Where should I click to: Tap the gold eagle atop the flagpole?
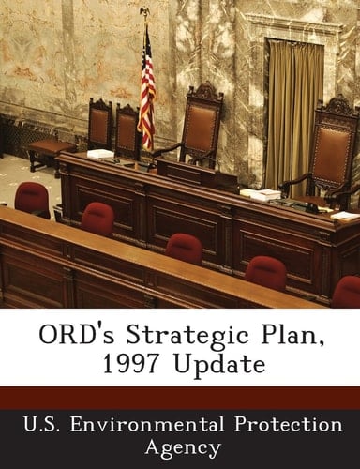(144, 12)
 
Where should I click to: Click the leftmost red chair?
(32, 198)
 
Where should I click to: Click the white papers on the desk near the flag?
(100, 154)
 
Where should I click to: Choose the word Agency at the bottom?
(180, 446)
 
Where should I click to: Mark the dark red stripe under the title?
(180, 396)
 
